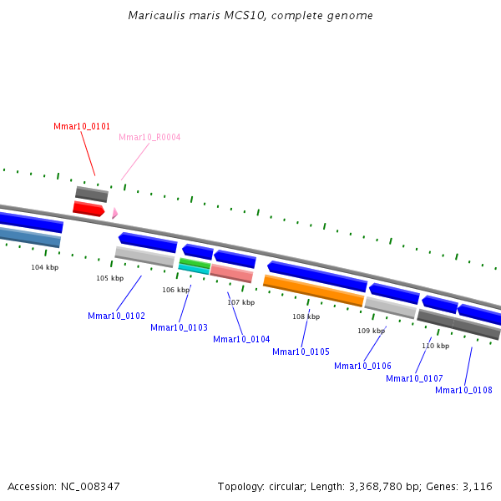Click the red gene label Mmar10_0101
click(82, 126)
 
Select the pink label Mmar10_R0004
click(149, 137)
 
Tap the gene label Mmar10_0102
click(116, 316)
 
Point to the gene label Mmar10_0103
click(179, 327)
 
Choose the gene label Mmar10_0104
click(241, 339)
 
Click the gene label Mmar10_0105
click(301, 352)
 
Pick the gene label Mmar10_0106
click(362, 366)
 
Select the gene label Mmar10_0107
click(414, 378)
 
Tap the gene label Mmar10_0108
click(463, 390)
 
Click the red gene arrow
click(89, 209)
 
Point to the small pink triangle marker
click(114, 214)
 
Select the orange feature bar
click(313, 290)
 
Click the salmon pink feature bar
click(231, 273)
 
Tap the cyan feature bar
click(194, 268)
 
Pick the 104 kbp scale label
click(45, 267)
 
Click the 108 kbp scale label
click(306, 316)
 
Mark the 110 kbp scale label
click(435, 346)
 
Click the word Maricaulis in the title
click(154, 16)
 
